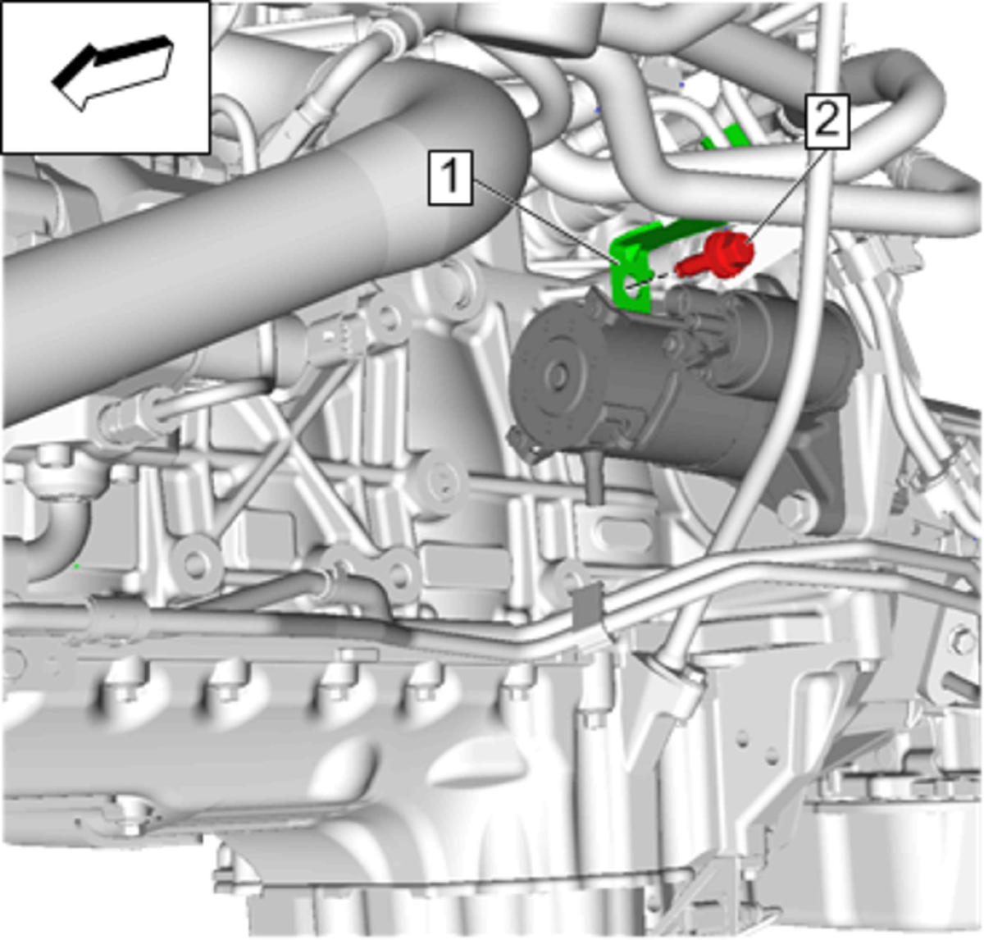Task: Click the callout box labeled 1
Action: (x=450, y=177)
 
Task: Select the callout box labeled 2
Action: (x=827, y=121)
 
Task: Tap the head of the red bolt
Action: (x=731, y=252)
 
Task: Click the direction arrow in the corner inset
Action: (x=113, y=71)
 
